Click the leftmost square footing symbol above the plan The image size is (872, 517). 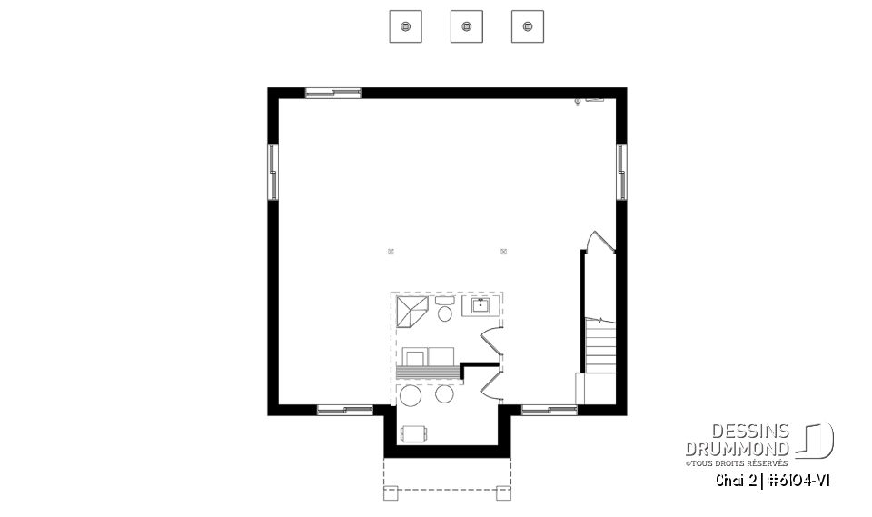pyautogui.click(x=404, y=26)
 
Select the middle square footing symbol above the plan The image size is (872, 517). pyautogui.click(x=466, y=26)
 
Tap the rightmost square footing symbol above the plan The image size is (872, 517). pyautogui.click(x=528, y=26)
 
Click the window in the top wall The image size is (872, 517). pyautogui.click(x=332, y=92)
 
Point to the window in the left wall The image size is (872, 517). pyautogui.click(x=272, y=171)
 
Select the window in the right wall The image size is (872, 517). pyautogui.click(x=621, y=171)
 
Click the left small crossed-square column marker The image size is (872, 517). pyautogui.click(x=391, y=251)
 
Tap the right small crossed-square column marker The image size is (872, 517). pyautogui.click(x=503, y=251)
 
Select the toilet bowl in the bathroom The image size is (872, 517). pyautogui.click(x=445, y=313)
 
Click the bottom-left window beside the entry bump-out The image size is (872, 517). pyautogui.click(x=344, y=410)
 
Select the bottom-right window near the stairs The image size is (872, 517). pyautogui.click(x=549, y=410)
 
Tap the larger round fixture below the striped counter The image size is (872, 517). pyautogui.click(x=411, y=395)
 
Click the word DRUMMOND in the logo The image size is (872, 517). pyautogui.click(x=737, y=449)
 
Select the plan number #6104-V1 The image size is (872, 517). pyautogui.click(x=799, y=480)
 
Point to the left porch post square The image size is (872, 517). pyautogui.click(x=391, y=493)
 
